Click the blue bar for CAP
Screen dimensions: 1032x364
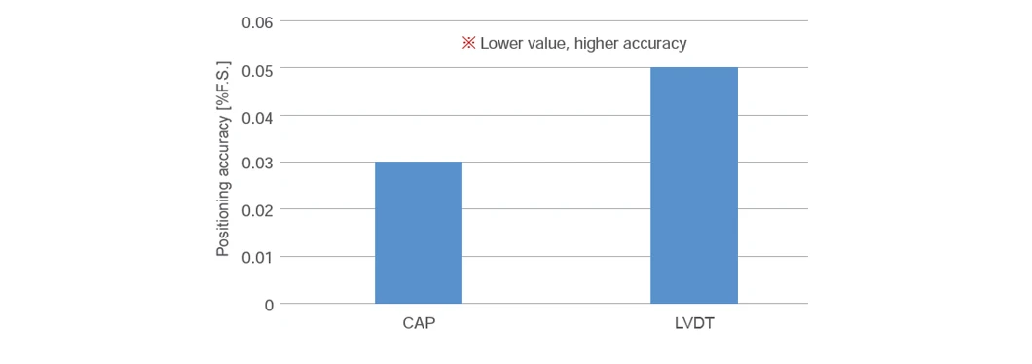pyautogui.click(x=419, y=233)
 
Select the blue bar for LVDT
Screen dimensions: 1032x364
pyautogui.click(x=694, y=186)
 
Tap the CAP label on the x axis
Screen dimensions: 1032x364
pyautogui.click(x=418, y=325)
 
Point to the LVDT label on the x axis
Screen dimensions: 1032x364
pyautogui.click(x=694, y=325)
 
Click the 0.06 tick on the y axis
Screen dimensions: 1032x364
pyautogui.click(x=257, y=21)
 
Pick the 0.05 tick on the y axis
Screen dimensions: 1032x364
pyautogui.click(x=257, y=68)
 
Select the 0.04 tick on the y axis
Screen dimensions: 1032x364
pyautogui.click(x=257, y=116)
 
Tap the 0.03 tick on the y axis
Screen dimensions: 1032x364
pyautogui.click(x=257, y=163)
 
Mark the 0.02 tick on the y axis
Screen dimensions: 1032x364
pyautogui.click(x=257, y=210)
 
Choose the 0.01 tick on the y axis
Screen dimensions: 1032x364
pyautogui.click(x=257, y=257)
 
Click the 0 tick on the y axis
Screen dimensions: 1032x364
pyautogui.click(x=269, y=304)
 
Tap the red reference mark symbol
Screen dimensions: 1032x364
pyautogui.click(x=468, y=44)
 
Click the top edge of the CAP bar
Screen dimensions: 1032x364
pyautogui.click(x=419, y=162)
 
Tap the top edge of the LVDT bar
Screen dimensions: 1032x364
pyautogui.click(x=694, y=68)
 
